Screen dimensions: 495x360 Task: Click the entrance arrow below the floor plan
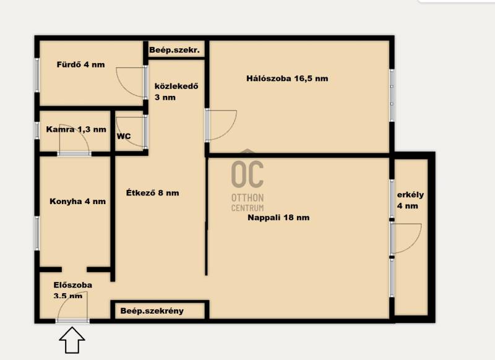coord(72,340)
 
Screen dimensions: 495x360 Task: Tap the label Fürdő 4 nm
coord(80,65)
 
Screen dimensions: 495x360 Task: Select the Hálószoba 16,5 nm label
coord(287,78)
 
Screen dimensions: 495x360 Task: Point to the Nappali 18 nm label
coord(278,217)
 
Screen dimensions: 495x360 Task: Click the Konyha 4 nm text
coord(78,201)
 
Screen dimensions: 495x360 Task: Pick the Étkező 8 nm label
coord(152,192)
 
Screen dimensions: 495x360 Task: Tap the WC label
coord(124,136)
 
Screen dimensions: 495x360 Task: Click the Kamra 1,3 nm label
coord(76,129)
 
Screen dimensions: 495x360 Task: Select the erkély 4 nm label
coord(410,200)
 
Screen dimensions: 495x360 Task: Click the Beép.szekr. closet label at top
coord(174,50)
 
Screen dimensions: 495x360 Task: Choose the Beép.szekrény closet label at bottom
coord(152,311)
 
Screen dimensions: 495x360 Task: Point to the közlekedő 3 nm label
coord(176,92)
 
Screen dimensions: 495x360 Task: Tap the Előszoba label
coord(73,285)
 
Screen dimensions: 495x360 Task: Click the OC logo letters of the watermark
coord(247,174)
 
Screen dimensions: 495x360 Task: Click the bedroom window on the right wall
coord(392,95)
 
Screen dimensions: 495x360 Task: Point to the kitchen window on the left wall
coord(37,233)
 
